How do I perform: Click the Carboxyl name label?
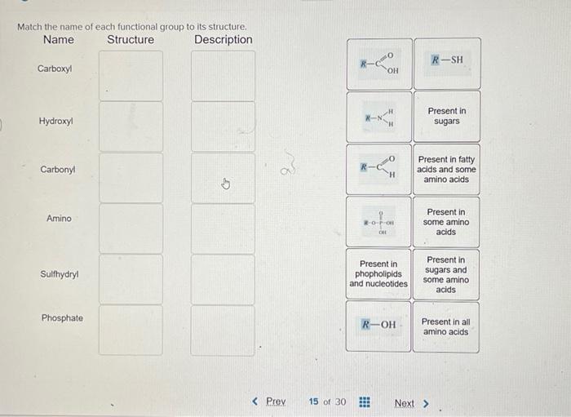click(x=55, y=69)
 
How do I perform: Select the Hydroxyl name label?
click(x=55, y=122)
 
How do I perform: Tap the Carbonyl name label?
click(x=57, y=170)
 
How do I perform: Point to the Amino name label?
click(x=59, y=219)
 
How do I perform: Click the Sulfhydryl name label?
click(x=58, y=274)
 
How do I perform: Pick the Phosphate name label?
click(x=62, y=317)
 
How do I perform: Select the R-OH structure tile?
click(x=378, y=325)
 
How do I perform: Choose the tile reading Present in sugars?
click(x=446, y=116)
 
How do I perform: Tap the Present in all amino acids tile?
click(x=445, y=326)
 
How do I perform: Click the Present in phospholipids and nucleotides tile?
click(x=378, y=274)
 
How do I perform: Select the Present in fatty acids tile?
click(x=446, y=170)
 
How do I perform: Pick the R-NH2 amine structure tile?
click(x=378, y=117)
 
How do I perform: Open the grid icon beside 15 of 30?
click(x=365, y=402)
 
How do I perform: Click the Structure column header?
click(x=131, y=39)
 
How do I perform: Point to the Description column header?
click(x=224, y=39)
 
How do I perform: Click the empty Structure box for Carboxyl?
click(x=131, y=76)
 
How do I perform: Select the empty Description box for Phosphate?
click(x=223, y=330)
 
